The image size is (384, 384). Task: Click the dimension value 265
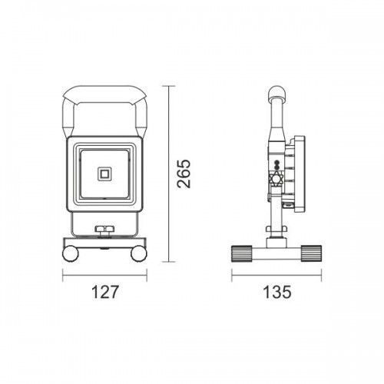(x=184, y=174)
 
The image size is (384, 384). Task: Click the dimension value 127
(x=105, y=292)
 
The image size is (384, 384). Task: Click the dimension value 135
(x=277, y=292)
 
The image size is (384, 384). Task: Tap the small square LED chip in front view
(x=104, y=174)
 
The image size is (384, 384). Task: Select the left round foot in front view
(x=71, y=253)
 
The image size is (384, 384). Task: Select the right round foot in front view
(x=139, y=253)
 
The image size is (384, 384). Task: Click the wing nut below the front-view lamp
(x=104, y=230)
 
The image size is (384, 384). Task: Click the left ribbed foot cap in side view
(x=242, y=253)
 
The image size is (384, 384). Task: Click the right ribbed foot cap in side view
(x=311, y=253)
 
